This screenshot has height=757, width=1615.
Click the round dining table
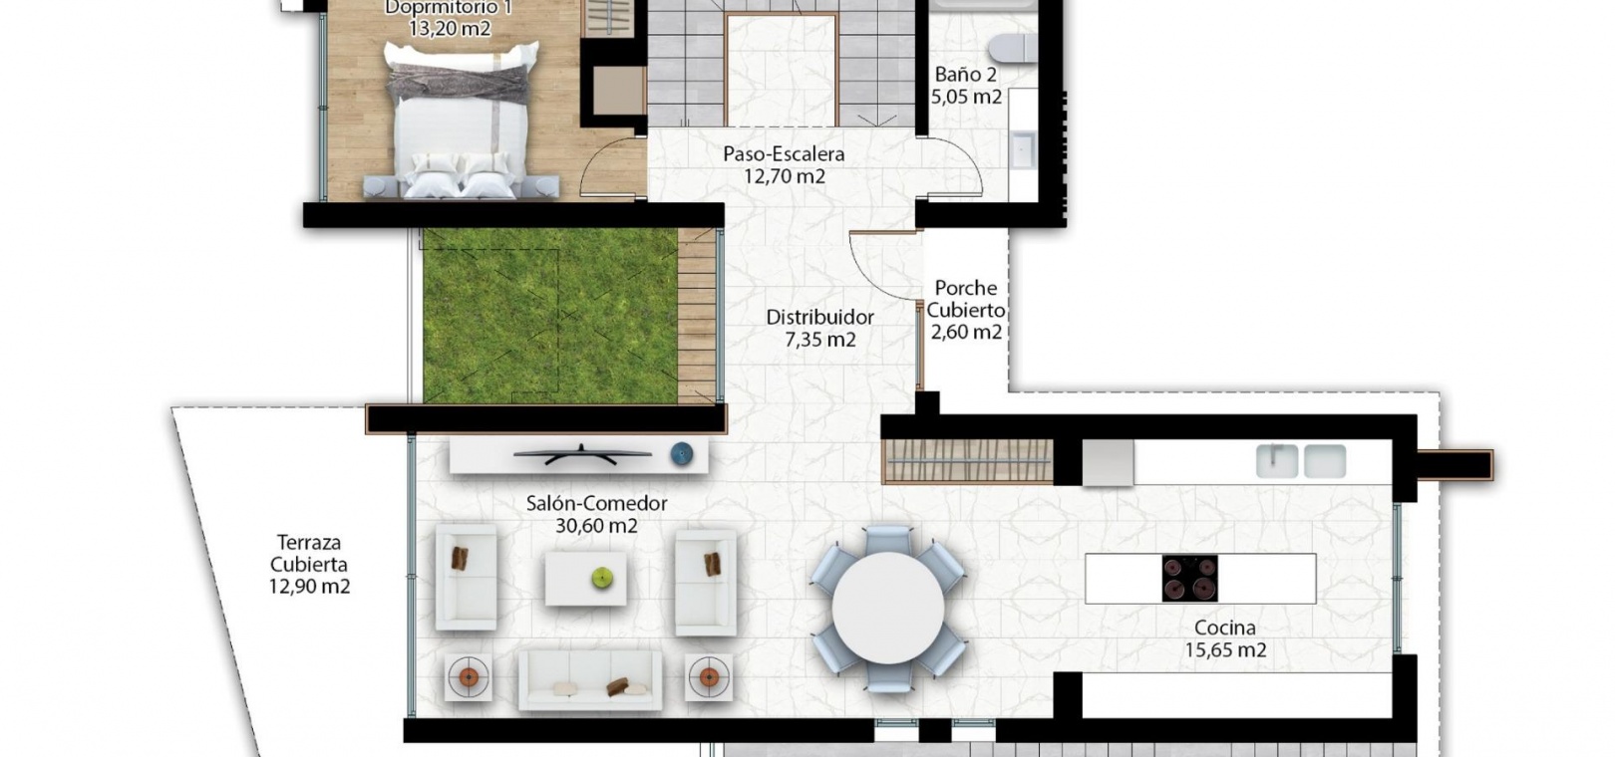888,608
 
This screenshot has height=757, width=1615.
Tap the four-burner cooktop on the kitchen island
1189,579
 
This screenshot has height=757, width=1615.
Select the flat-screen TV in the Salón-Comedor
582,454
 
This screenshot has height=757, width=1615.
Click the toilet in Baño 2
1013,48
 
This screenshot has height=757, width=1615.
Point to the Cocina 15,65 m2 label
1225,638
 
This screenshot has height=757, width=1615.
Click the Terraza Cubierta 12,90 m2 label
309,565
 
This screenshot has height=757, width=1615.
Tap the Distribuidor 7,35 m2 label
819,329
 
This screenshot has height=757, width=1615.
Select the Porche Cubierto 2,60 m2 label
966,311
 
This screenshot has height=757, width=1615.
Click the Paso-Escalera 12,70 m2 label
784,165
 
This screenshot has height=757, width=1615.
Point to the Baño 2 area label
966,85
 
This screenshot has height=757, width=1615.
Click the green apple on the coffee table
602,577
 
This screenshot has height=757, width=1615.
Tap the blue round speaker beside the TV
681,454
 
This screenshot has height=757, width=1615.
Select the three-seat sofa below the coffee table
590,680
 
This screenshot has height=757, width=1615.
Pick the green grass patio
550,316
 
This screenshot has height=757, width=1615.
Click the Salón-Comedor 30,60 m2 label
596,514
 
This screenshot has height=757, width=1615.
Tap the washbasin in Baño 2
1023,150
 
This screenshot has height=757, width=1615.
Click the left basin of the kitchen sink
1277,461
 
